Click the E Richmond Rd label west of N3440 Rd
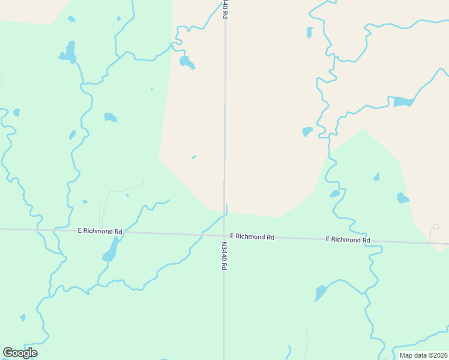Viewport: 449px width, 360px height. coord(100,230)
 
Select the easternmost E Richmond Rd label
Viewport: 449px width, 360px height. coord(348,240)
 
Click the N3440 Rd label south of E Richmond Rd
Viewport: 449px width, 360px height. coord(223,256)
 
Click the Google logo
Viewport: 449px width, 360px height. coord(20,353)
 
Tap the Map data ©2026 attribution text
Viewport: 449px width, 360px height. coord(423,355)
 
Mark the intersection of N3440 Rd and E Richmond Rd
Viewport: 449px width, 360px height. coord(224,235)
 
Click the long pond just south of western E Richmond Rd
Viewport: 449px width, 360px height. coord(111,250)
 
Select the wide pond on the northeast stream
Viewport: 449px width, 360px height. coord(403,101)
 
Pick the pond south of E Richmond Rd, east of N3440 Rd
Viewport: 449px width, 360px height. coord(321,293)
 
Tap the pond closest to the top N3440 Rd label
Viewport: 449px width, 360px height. coord(187,62)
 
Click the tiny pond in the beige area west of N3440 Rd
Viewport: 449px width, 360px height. coord(194,157)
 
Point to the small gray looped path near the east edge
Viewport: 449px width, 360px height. coord(435,229)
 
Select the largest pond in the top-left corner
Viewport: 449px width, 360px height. coord(69,53)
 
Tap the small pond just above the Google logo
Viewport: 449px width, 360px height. coord(23,317)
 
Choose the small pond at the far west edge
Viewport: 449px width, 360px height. coord(16,112)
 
